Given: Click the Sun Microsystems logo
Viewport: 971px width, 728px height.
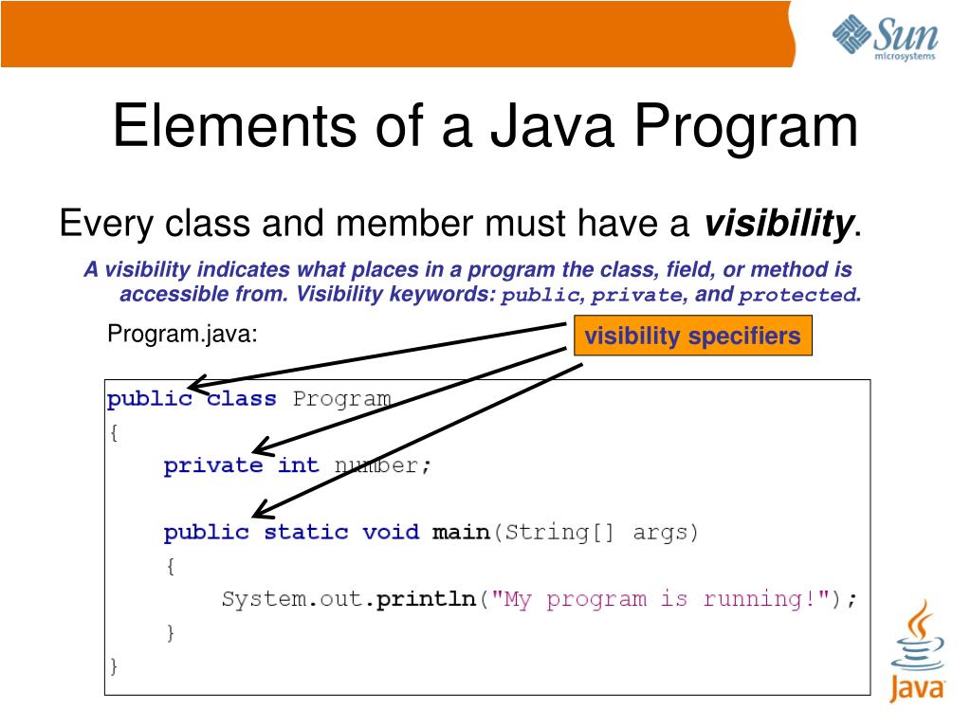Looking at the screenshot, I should [x=885, y=37].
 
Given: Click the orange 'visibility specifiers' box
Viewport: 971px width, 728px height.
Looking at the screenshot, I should [x=693, y=336].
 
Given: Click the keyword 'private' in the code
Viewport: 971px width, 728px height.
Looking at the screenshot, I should [x=213, y=465].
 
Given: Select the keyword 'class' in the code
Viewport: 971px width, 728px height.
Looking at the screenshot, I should [x=242, y=398].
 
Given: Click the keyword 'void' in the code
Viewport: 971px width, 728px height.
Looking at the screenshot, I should [x=391, y=532].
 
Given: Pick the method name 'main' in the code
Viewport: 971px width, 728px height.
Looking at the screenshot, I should [x=461, y=532].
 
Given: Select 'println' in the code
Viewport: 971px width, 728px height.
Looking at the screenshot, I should [x=426, y=599].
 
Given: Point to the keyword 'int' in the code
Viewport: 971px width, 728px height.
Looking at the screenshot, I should [x=299, y=465].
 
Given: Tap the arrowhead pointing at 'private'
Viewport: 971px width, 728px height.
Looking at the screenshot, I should [x=258, y=448].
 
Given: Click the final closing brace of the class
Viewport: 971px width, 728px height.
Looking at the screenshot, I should [x=114, y=665].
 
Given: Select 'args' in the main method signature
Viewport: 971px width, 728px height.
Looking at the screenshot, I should [x=665, y=532].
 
